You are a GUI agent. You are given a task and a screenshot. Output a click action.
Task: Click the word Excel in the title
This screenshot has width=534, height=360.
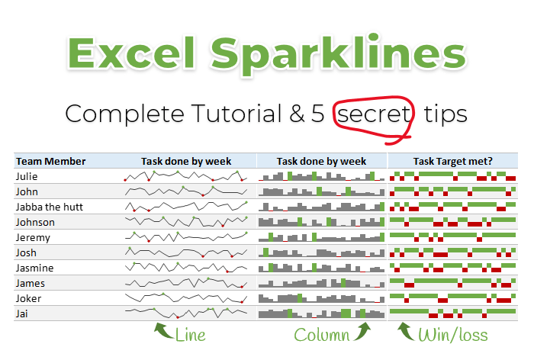[130, 56]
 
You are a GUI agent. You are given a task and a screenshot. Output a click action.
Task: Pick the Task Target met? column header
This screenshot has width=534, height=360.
[452, 161]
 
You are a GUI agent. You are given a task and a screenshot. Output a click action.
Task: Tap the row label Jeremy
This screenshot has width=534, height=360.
[34, 237]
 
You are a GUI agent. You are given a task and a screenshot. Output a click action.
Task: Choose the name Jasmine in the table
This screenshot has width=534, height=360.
[34, 268]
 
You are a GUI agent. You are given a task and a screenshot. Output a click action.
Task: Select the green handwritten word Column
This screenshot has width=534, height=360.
[321, 335]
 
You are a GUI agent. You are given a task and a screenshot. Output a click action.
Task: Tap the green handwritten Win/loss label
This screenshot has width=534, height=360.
[452, 335]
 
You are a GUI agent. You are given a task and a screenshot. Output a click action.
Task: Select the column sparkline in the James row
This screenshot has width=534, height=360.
[321, 283]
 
